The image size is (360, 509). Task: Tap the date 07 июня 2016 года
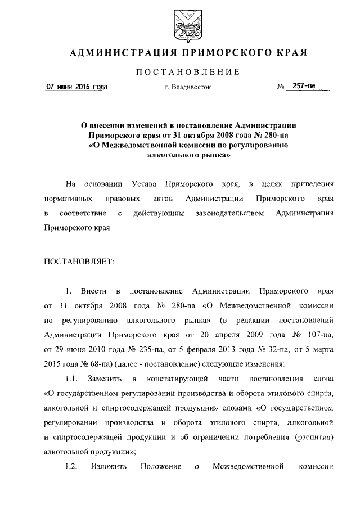click(x=76, y=87)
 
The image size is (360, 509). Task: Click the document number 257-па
click(x=304, y=87)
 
